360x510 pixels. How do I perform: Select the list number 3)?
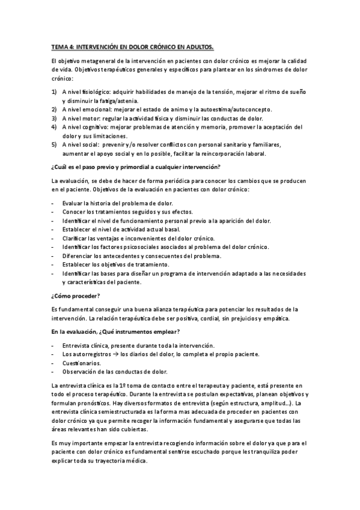click(54, 118)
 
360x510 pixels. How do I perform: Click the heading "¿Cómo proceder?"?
click(76, 295)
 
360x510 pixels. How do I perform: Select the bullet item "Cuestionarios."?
click(81, 363)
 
